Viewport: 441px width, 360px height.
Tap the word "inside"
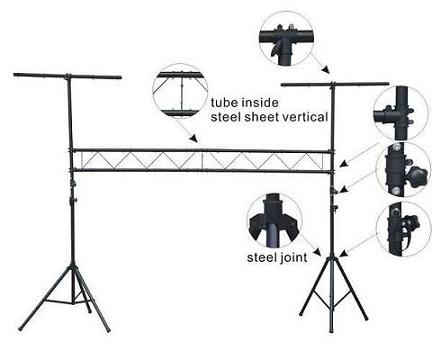click(263, 103)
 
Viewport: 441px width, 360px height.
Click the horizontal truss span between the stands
click(200, 159)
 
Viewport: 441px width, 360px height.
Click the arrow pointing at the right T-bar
click(318, 66)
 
